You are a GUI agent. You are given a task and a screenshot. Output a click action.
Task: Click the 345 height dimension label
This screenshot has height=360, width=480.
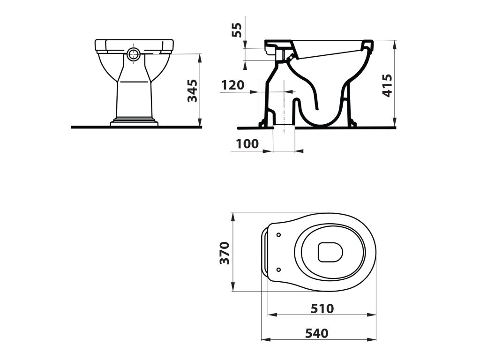click(193, 90)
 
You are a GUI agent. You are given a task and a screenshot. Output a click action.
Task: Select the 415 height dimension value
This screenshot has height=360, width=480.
click(387, 85)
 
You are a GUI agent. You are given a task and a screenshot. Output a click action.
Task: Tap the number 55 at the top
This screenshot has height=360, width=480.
click(237, 30)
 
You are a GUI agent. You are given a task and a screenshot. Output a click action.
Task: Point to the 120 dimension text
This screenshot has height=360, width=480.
click(232, 85)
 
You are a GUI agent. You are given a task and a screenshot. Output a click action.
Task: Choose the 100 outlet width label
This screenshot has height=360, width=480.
click(247, 143)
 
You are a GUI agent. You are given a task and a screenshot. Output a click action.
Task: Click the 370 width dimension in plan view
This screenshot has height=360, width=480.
click(225, 253)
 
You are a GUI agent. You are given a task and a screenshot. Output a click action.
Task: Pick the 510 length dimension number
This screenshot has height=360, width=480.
click(322, 308)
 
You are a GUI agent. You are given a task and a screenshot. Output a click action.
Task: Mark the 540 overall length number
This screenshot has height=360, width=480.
click(317, 333)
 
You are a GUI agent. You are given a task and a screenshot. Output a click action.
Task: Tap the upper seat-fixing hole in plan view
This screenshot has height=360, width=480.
click(278, 235)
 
